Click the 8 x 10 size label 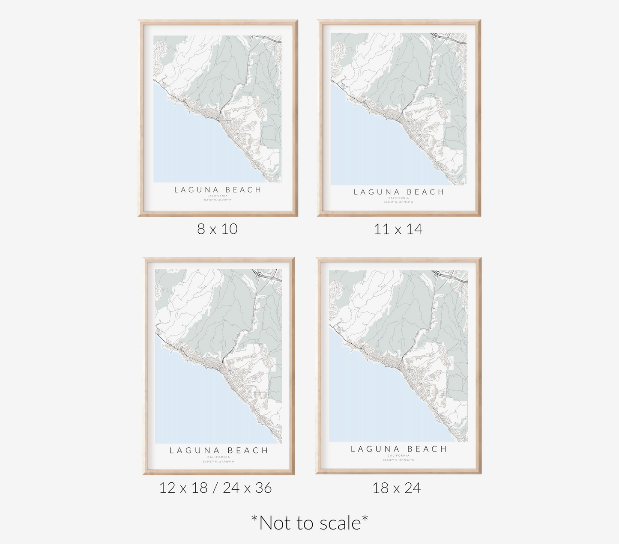[217, 229]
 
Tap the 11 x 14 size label [398, 229]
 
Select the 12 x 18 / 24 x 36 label [215, 488]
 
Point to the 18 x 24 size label [397, 488]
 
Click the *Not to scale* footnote [309, 523]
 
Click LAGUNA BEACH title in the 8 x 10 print [218, 190]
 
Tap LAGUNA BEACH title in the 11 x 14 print [399, 192]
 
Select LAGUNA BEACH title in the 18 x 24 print [399, 449]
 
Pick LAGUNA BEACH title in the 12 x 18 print [219, 450]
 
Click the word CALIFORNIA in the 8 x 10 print [218, 196]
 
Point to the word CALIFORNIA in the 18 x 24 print [399, 455]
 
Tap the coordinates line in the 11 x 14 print [399, 202]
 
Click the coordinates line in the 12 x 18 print [219, 461]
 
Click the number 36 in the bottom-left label [263, 488]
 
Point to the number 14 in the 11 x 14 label [414, 229]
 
